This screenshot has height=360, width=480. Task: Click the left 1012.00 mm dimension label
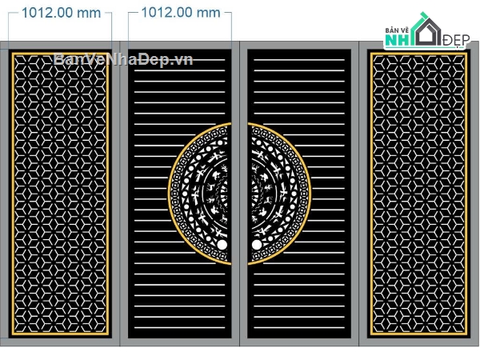(x=62, y=13)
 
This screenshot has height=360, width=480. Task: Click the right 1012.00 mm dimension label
(x=181, y=13)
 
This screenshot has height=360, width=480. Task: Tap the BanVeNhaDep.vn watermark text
(x=123, y=58)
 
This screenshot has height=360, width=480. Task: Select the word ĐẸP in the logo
(x=456, y=40)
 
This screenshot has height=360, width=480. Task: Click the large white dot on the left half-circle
(x=222, y=245)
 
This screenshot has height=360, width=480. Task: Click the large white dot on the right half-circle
(x=257, y=245)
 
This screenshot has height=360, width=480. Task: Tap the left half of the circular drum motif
(x=199, y=194)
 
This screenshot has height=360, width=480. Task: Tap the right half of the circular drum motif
(x=279, y=194)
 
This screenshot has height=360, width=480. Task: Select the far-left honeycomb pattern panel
(x=60, y=194)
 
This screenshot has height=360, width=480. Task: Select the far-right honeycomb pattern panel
(x=418, y=194)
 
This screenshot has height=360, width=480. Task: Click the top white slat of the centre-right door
(x=299, y=60)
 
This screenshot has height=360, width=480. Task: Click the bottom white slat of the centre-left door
(x=180, y=328)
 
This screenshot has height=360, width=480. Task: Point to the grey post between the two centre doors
(x=240, y=194)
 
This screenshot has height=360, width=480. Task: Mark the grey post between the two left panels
(x=120, y=194)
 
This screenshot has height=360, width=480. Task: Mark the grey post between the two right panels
(x=359, y=194)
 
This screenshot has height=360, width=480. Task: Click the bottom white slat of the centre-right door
(x=299, y=328)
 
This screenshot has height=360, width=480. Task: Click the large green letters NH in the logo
(x=398, y=40)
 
